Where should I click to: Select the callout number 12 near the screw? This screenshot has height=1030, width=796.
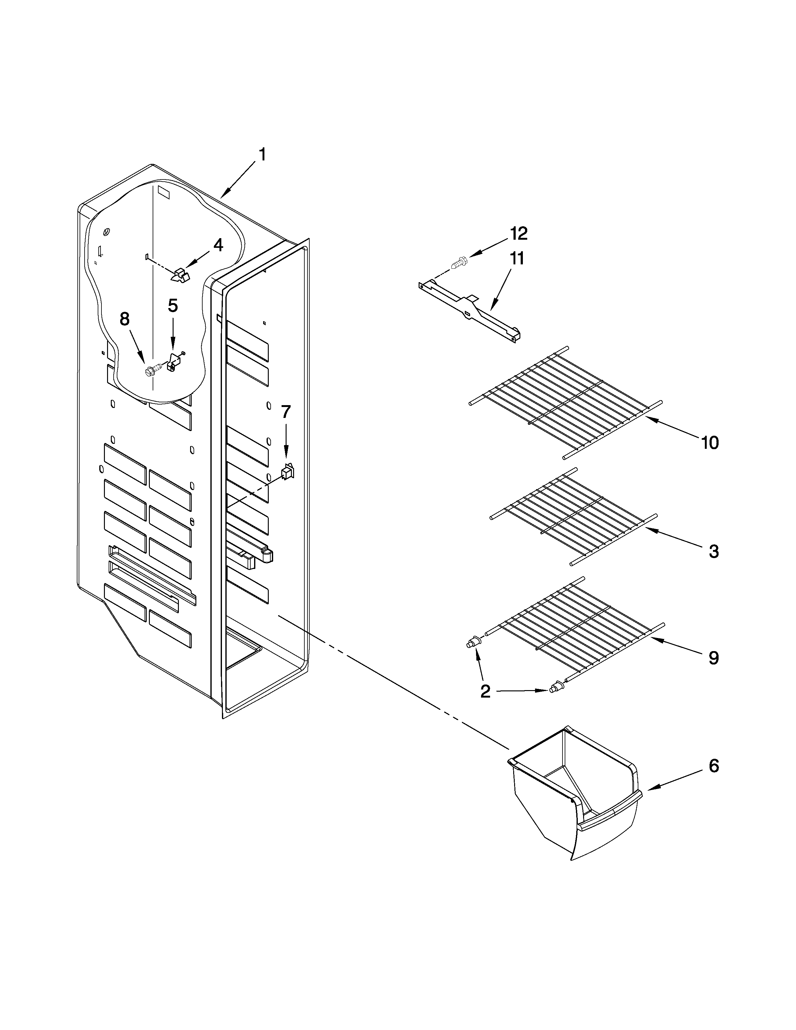[x=518, y=233]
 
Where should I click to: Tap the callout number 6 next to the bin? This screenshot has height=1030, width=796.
[x=714, y=766]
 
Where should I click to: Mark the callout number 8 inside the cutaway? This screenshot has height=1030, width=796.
[x=125, y=319]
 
